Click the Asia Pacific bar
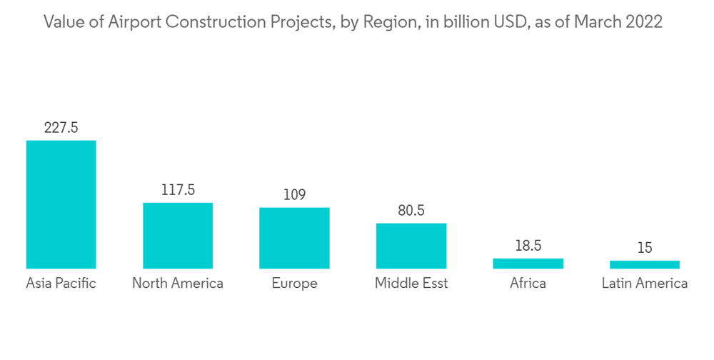61,204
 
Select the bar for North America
178,236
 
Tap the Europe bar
294,238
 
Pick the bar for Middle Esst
411,246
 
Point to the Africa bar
528,264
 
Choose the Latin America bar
645,264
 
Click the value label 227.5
61,128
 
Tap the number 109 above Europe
294,195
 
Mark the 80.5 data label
411,211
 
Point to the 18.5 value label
528,246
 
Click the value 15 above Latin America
645,248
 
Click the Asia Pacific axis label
61,284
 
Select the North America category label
178,284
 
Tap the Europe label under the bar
294,284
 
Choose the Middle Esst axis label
411,284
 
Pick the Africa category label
528,284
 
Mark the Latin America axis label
645,284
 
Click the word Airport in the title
137,23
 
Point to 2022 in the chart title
643,23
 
